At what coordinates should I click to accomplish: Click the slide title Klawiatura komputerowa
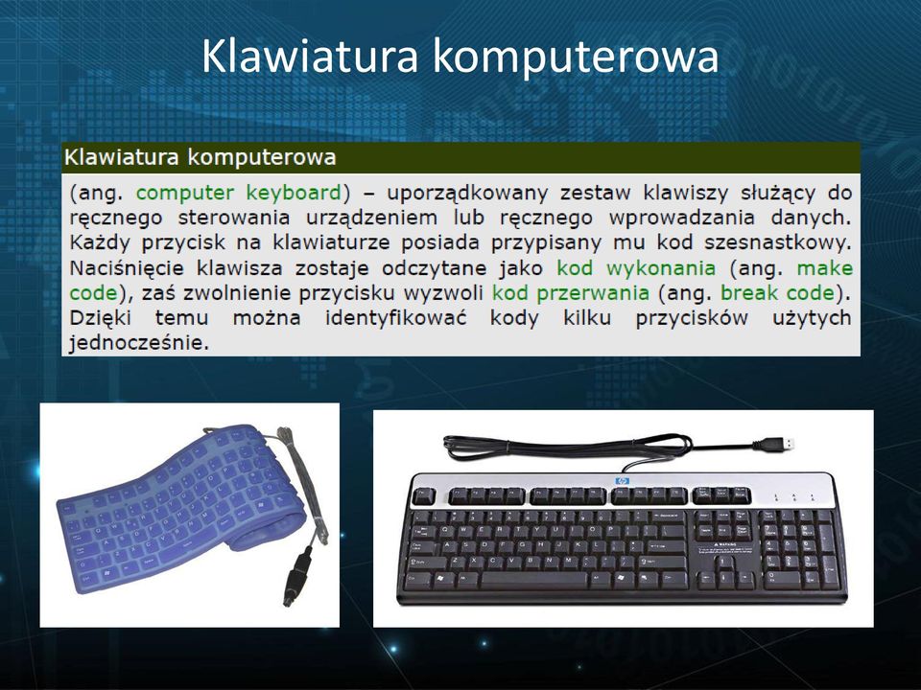(460, 57)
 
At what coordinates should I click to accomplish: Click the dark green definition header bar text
(200, 157)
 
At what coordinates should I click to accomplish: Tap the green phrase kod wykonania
(636, 268)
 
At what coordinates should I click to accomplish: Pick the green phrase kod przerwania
(570, 293)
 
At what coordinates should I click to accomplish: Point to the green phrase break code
(777, 293)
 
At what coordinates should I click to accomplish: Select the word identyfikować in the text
(396, 318)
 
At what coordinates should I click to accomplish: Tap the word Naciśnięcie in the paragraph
(127, 268)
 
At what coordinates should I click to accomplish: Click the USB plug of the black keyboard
(775, 444)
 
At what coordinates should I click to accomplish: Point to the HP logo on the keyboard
(622, 481)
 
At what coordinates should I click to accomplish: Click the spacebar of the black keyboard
(533, 581)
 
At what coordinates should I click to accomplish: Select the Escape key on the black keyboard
(423, 496)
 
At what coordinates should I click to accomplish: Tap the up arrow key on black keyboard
(725, 563)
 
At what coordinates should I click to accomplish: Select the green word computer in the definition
(185, 193)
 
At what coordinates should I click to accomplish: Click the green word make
(825, 268)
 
